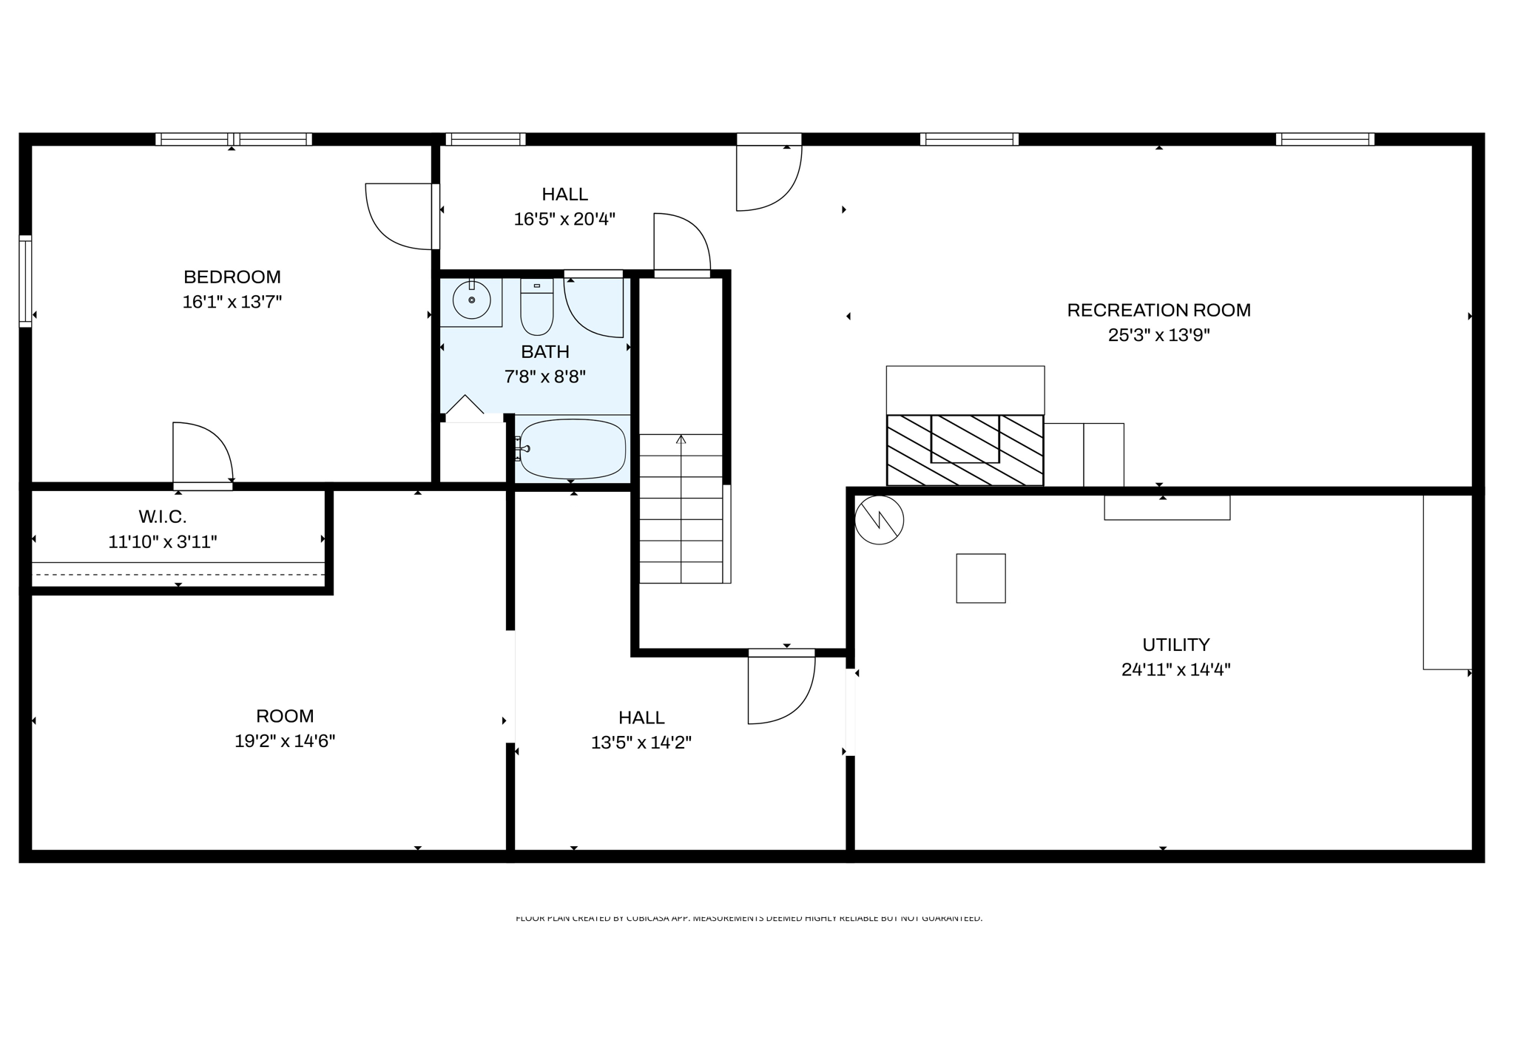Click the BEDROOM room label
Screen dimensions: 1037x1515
(232, 277)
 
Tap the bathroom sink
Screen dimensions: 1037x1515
(471, 300)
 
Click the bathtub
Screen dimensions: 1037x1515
(572, 449)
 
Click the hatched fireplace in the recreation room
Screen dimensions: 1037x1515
(965, 450)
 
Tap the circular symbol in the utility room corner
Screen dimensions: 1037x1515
(879, 520)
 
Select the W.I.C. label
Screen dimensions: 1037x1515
(163, 516)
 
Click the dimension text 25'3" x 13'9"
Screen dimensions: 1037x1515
(1158, 335)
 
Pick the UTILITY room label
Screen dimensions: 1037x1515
(1175, 644)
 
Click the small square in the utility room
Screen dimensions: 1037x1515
(980, 578)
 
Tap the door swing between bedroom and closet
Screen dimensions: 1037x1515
(201, 453)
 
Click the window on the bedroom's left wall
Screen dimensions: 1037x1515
(25, 281)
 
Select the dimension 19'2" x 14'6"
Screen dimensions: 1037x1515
(285, 741)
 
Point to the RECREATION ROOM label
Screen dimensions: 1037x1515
(1158, 310)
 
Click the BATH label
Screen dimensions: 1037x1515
(544, 351)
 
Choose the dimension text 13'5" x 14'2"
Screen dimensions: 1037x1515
(641, 743)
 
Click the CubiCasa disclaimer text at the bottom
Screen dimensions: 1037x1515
(749, 918)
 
